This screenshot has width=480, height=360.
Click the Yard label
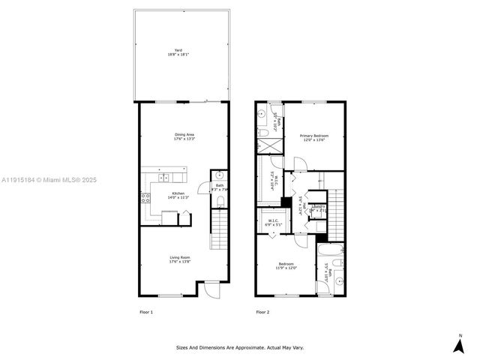click(178, 52)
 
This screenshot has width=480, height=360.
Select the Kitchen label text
click(178, 195)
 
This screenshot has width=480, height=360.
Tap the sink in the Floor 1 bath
click(220, 177)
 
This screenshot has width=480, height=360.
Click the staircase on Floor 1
click(219, 229)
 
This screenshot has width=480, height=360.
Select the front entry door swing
click(211, 289)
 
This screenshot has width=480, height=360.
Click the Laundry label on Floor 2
click(318, 208)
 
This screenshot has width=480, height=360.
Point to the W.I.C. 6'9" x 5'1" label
click(273, 222)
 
